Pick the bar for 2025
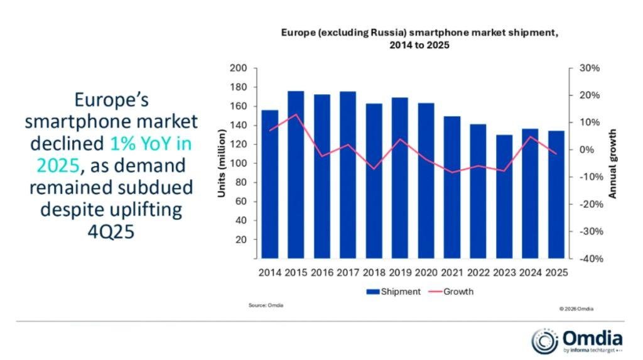click(556, 194)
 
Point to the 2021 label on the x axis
click(452, 273)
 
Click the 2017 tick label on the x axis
click(348, 273)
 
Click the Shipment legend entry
click(392, 292)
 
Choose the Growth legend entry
click(451, 292)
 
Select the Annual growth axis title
click(613, 164)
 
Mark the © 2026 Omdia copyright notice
click(575, 308)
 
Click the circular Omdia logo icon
click(544, 341)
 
